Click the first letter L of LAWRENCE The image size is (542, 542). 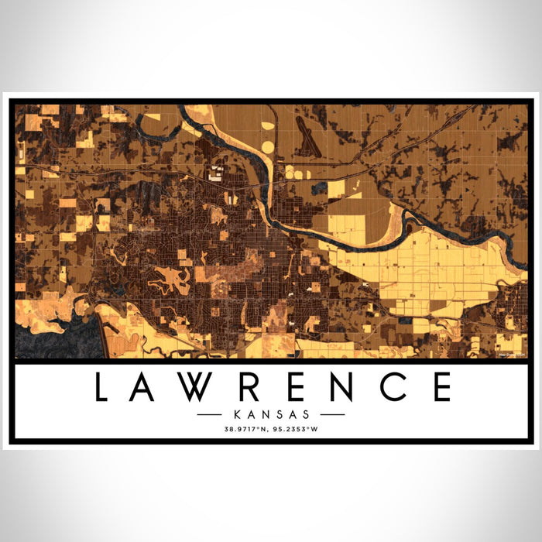point(101,387)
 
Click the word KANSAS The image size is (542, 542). point(271,414)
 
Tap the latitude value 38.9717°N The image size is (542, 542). point(247,428)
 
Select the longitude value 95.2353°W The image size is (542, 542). point(294,428)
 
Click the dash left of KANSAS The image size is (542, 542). point(210,414)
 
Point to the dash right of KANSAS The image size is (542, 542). point(332,414)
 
